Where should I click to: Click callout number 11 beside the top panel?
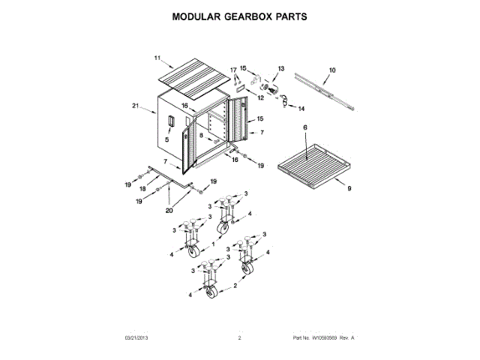(157, 58)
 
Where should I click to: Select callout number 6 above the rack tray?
(305, 129)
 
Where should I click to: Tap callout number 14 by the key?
(301, 109)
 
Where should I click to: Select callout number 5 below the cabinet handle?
(166, 139)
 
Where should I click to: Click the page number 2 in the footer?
(239, 339)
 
